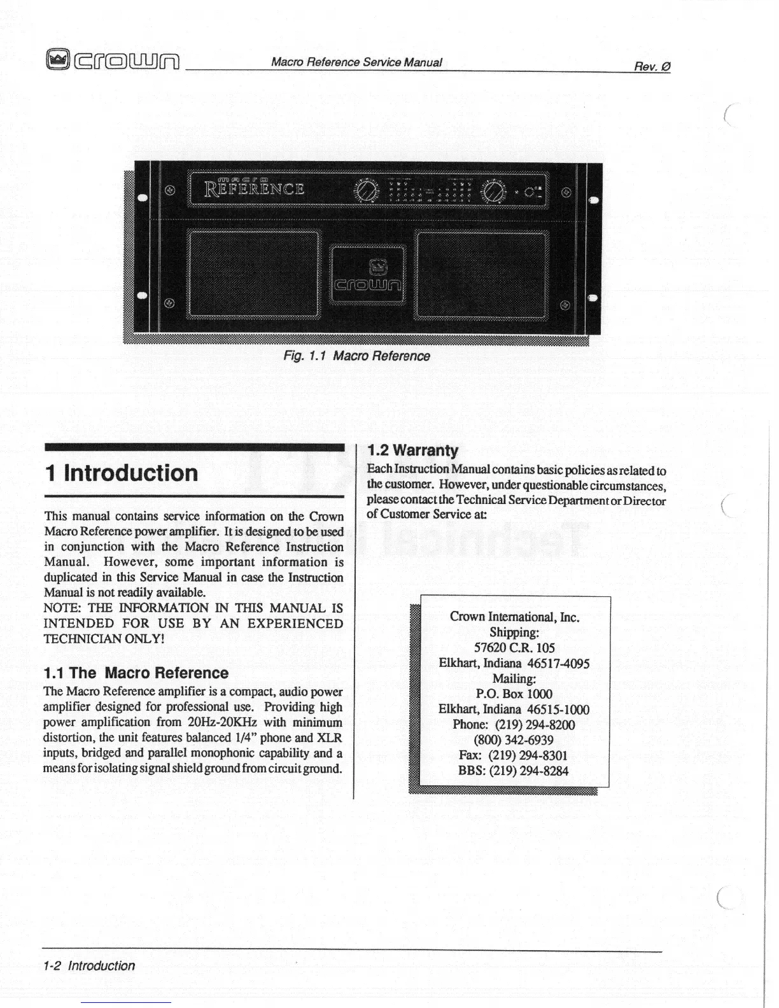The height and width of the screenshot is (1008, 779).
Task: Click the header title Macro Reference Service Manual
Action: click(356, 62)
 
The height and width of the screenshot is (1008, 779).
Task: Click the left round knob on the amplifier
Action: click(366, 190)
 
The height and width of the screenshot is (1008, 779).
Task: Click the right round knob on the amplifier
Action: click(494, 190)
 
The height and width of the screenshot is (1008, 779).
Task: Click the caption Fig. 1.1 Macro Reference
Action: click(356, 356)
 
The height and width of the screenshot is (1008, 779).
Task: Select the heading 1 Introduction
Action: click(122, 473)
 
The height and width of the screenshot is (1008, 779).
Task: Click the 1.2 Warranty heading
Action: click(413, 451)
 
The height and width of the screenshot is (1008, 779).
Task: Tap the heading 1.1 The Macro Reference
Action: click(136, 673)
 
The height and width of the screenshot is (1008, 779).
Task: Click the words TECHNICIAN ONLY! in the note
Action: click(104, 639)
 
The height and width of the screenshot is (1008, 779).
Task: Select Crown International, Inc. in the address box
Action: click(514, 617)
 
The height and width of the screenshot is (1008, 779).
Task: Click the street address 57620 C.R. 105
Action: click(514, 648)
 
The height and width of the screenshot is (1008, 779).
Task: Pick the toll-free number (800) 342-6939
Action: click(514, 740)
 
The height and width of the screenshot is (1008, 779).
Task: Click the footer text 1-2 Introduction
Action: click(89, 965)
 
